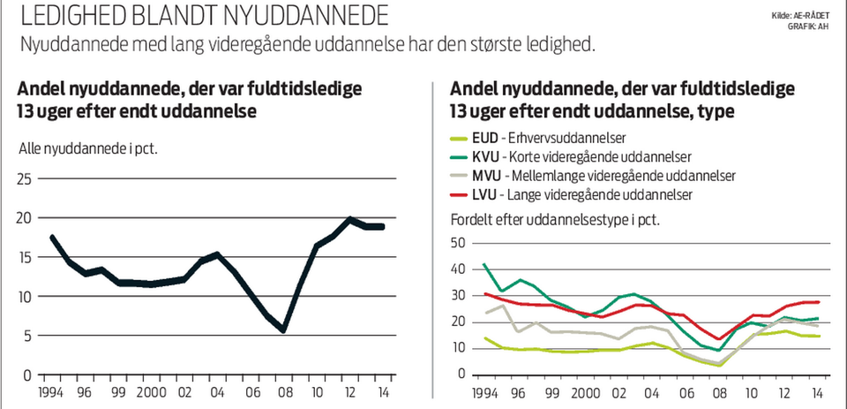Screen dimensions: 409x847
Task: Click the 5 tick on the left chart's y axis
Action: click(x=28, y=336)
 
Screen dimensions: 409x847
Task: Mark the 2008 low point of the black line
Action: click(x=283, y=330)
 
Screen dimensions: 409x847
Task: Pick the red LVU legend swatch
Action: click(x=458, y=193)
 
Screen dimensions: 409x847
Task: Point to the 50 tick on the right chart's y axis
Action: click(x=457, y=242)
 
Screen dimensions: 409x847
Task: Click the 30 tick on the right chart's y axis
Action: click(x=457, y=295)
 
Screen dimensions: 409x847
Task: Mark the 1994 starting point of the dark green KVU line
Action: click(x=484, y=264)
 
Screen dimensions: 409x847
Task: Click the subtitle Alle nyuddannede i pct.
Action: click(x=87, y=148)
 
